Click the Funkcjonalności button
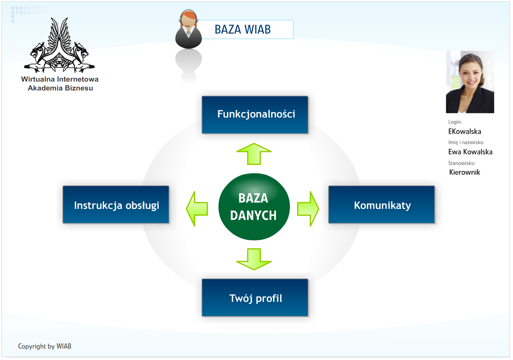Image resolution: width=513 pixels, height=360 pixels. [x=255, y=114]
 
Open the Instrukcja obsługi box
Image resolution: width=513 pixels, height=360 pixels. [x=116, y=205]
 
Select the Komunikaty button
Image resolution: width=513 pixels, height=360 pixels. [x=382, y=205]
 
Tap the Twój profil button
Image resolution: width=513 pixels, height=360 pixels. [x=255, y=298]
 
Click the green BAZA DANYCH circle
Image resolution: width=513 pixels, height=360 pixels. [x=254, y=207]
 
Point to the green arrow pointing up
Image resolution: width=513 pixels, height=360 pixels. [x=254, y=154]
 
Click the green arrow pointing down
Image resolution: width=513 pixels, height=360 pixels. [x=254, y=259]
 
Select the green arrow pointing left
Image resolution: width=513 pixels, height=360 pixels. [x=197, y=209]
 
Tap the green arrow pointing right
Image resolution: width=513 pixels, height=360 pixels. [x=308, y=209]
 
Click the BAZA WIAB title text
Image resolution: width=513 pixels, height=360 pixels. [x=243, y=29]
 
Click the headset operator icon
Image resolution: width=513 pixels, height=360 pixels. [x=189, y=29]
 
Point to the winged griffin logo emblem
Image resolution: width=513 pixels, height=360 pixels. [x=59, y=45]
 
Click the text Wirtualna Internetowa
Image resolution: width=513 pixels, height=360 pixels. [x=60, y=79]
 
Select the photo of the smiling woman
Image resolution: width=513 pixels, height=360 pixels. [x=470, y=82]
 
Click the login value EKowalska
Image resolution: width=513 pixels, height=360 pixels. [x=465, y=131]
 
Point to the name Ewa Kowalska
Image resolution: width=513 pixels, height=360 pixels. [x=470, y=152]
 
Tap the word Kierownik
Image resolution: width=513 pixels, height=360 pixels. [x=464, y=172]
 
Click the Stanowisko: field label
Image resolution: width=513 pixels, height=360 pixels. [x=462, y=163]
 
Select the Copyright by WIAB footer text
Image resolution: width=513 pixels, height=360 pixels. [x=45, y=346]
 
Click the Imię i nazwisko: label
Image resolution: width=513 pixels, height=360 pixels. [x=466, y=143]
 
